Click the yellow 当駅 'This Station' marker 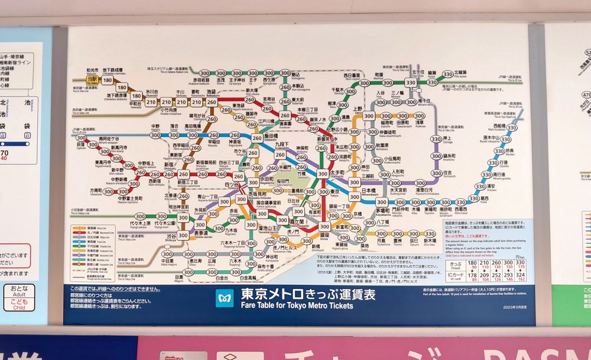coord(92,79)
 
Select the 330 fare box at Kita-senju coord(411,83)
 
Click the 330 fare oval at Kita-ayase coord(449,74)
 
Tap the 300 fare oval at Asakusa coord(420,116)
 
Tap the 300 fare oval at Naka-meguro coord(168,255)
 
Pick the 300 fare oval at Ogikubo coord(81,135)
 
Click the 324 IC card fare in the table coord(521,274)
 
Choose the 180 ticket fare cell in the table coord(472,264)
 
